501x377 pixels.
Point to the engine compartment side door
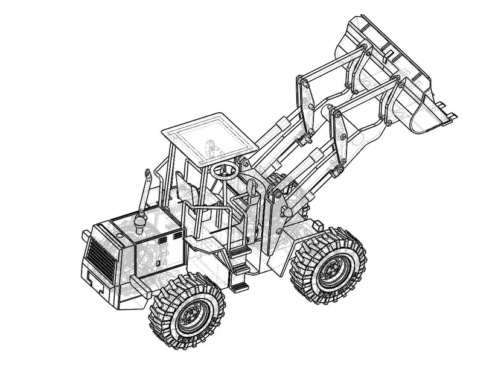(160, 253)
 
